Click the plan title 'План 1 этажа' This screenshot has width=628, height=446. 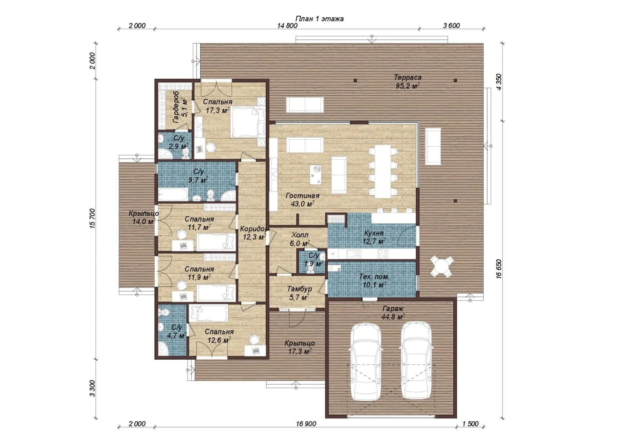[319, 19]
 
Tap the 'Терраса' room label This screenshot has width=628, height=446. [408, 77]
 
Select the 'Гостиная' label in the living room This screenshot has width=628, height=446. [303, 196]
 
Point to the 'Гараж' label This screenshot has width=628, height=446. [393, 309]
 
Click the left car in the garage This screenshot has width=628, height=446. [366, 362]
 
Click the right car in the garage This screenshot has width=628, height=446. [416, 361]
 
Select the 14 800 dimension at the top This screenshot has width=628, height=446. [287, 26]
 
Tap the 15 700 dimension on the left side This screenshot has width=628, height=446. [93, 218]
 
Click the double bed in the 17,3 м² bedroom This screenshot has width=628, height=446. [248, 122]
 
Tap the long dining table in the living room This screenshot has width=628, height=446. [383, 171]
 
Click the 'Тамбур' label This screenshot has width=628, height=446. [299, 289]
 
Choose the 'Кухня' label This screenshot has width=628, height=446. [374, 233]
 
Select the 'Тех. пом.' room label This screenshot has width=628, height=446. [374, 277]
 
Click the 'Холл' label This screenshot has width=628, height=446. [300, 235]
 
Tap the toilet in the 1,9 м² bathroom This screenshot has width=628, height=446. [310, 269]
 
